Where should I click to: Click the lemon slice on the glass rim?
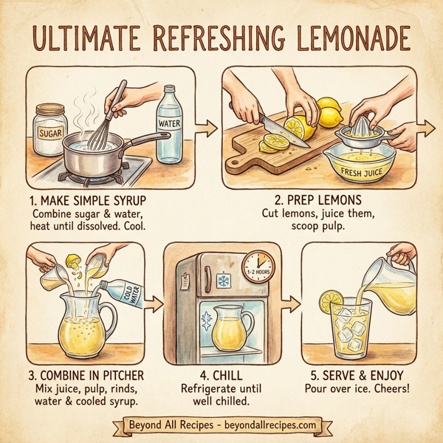click(x=330, y=303)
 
